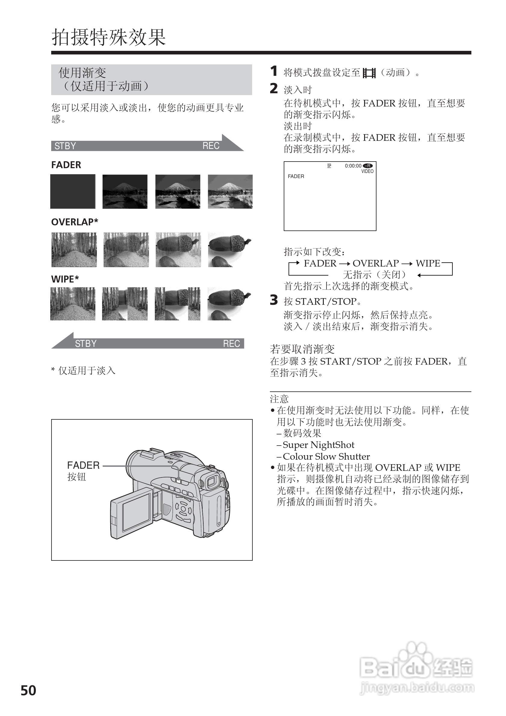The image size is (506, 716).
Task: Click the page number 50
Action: point(28,690)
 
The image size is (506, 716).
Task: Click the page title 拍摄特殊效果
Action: point(108,37)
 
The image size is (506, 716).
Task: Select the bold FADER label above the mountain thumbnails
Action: point(66,165)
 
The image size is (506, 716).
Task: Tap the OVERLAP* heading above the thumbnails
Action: point(75,222)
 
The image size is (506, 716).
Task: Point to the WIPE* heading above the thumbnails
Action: point(65,279)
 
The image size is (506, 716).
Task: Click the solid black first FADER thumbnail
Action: point(73,191)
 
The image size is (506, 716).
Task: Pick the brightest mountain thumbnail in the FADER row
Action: point(230,191)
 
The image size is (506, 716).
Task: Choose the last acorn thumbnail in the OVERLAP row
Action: point(230,249)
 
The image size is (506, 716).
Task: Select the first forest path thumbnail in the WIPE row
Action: point(73,304)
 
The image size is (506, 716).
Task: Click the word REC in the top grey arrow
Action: point(211,146)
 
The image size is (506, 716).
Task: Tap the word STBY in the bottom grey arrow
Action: point(86,344)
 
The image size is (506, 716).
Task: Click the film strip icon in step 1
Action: point(369,73)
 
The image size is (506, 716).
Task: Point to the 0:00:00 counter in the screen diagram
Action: point(353,166)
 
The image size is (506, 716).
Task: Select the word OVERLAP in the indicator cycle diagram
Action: point(376,264)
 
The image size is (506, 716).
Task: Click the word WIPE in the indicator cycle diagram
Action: point(428,264)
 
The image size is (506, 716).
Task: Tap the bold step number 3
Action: point(274,300)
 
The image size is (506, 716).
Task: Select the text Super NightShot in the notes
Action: point(318,445)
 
